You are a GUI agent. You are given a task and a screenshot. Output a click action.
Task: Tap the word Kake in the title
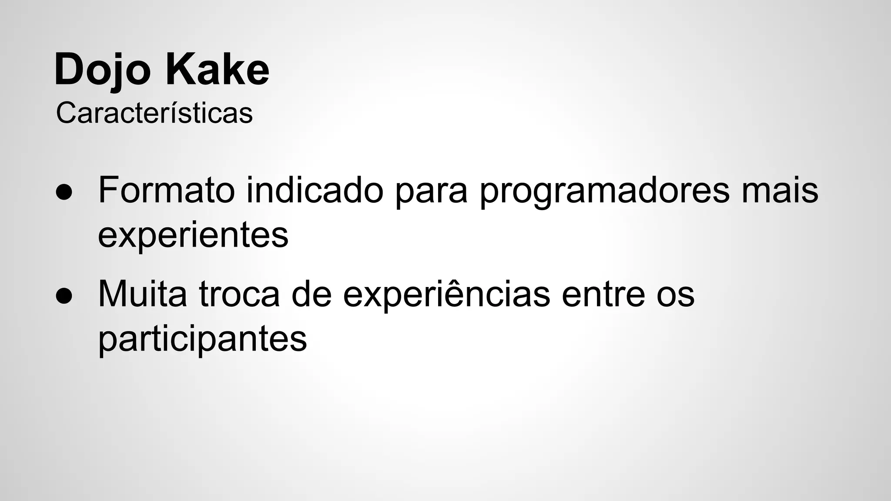pyautogui.click(x=217, y=70)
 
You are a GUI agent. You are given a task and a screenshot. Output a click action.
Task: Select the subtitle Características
pyautogui.click(x=154, y=114)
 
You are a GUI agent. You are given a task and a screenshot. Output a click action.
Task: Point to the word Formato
pyautogui.click(x=166, y=190)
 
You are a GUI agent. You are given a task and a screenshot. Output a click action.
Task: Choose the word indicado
pyautogui.click(x=315, y=190)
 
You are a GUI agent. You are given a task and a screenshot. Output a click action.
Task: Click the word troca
pyautogui.click(x=239, y=294)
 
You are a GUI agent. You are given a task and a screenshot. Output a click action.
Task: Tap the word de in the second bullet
pyautogui.click(x=312, y=294)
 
